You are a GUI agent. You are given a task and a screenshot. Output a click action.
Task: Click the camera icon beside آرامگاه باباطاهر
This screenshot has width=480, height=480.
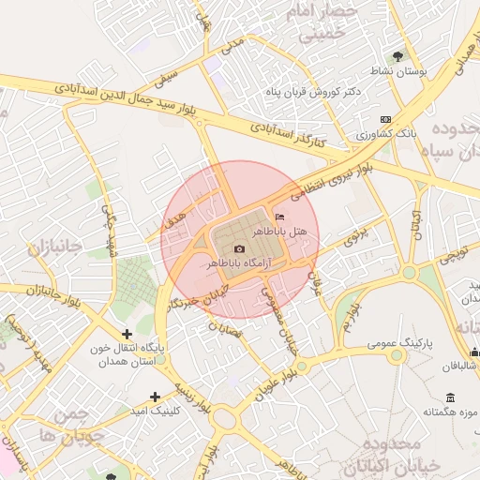coord(239,249)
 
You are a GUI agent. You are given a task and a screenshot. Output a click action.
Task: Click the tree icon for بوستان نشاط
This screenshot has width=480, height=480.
coord(397,56)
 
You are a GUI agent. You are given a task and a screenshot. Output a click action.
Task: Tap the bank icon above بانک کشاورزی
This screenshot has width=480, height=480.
coord(386,119)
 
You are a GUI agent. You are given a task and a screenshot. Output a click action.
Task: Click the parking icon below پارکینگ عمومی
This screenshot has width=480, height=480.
coord(396,355)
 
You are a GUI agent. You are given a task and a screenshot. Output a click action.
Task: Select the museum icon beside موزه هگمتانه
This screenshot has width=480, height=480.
coord(451,397)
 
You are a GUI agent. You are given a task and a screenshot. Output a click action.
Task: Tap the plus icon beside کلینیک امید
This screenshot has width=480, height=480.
coord(155,397)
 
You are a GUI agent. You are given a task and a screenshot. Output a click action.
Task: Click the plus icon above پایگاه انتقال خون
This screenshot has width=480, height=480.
coord(127,334)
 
